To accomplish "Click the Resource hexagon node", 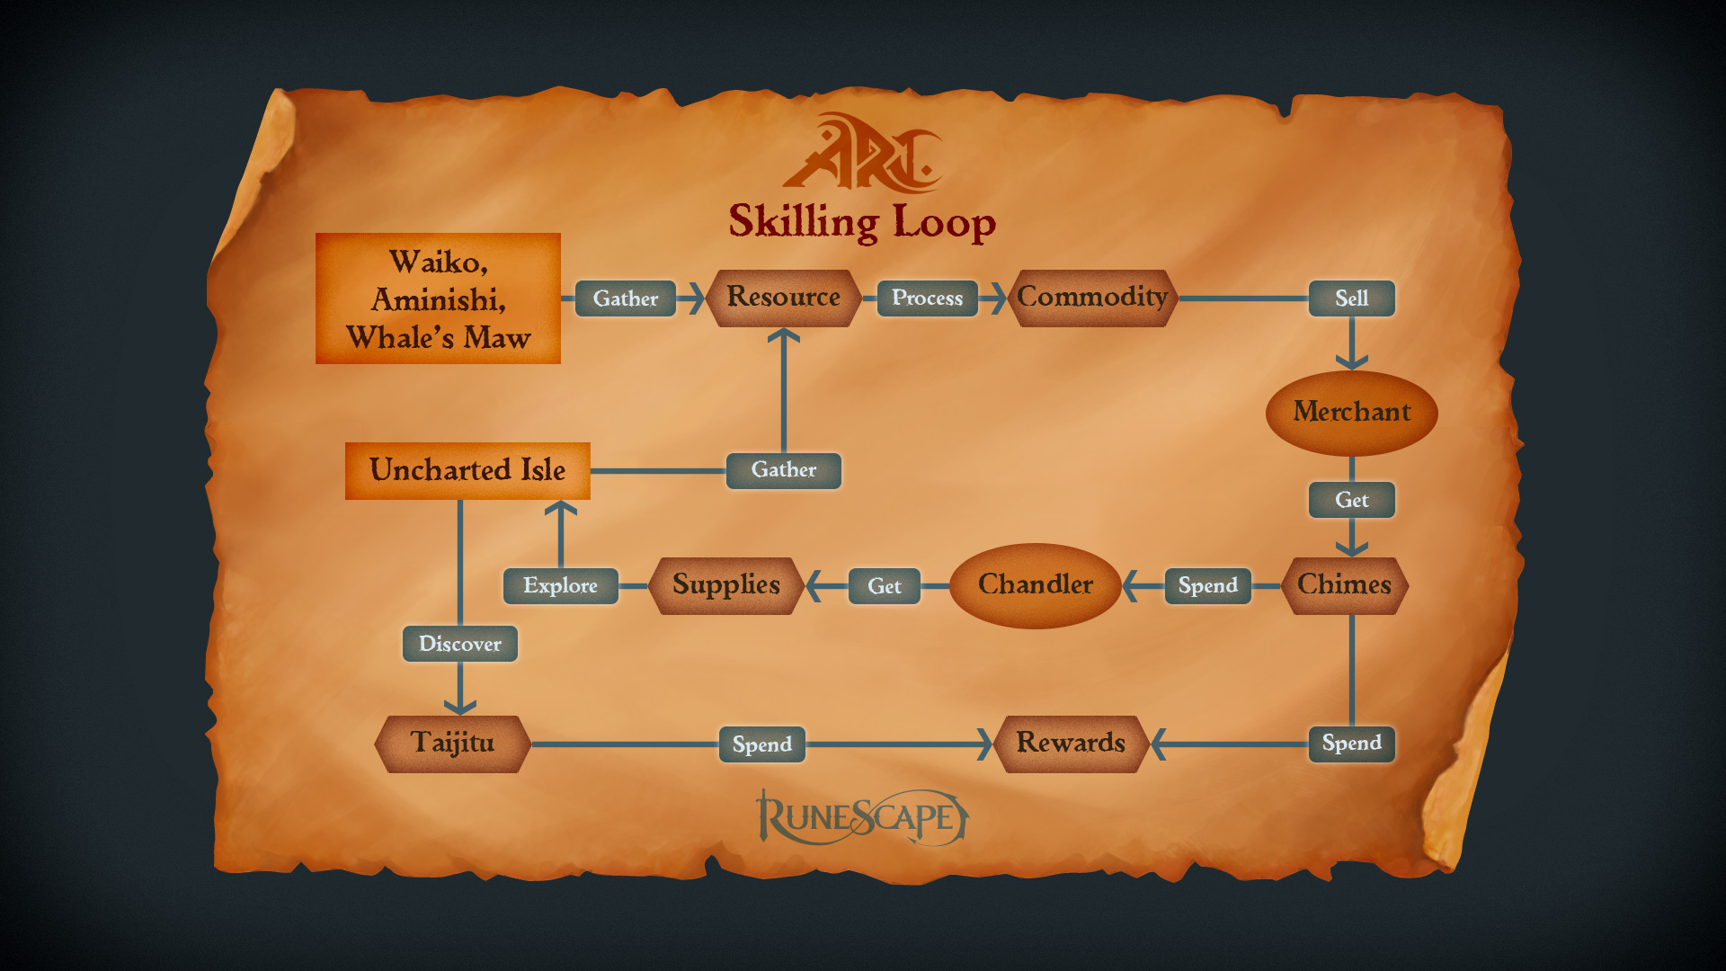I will click(x=783, y=298).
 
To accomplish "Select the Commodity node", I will click(x=1091, y=298).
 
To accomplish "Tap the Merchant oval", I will click(x=1351, y=413).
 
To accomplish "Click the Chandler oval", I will click(x=1035, y=585).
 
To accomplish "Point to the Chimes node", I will click(x=1344, y=585).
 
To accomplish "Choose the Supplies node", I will click(x=725, y=585).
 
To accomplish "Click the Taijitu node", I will click(x=452, y=744).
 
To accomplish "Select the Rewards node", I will click(x=1071, y=744).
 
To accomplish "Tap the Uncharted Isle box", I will click(x=467, y=470).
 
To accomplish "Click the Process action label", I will click(x=927, y=298).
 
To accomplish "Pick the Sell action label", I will click(x=1351, y=298).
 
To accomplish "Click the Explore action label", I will click(x=560, y=586).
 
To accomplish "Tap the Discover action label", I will click(x=459, y=644).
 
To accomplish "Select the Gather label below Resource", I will click(x=783, y=470).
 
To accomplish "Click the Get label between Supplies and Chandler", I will click(x=884, y=586).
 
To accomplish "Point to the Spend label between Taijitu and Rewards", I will click(x=761, y=744).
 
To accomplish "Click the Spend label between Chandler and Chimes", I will click(x=1207, y=586).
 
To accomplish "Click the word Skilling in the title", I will click(x=803, y=222).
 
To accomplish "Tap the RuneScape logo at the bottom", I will click(x=861, y=817).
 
